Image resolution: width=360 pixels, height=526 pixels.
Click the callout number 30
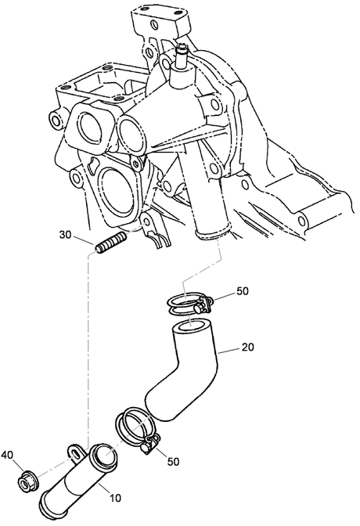pos(66,235)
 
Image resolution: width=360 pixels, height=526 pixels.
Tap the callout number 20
pos(247,348)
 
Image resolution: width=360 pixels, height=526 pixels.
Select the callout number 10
pos(115,498)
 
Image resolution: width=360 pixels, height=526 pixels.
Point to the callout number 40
pos(7,456)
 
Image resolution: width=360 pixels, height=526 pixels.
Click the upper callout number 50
pos(243,291)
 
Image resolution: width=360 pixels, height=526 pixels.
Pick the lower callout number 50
pos(174,462)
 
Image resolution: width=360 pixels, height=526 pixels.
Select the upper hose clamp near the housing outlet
pos(189,303)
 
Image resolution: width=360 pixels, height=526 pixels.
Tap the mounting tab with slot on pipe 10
pos(76,451)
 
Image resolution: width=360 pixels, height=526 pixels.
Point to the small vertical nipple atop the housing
pos(182,55)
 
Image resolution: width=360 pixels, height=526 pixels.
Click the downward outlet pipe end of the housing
pos(212,232)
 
